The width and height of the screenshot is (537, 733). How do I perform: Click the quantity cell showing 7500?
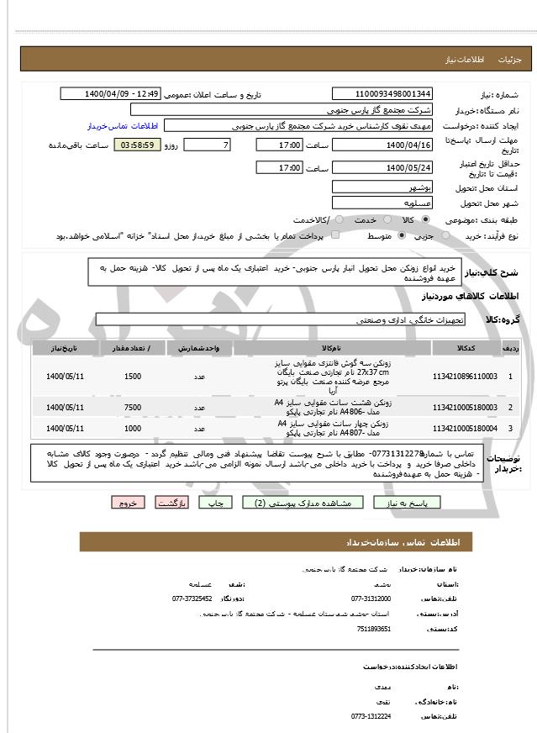pyautogui.click(x=133, y=408)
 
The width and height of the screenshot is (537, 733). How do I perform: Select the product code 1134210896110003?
pyautogui.click(x=464, y=376)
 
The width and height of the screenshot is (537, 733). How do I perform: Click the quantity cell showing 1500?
pyautogui.click(x=133, y=376)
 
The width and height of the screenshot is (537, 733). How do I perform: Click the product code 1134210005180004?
pyautogui.click(x=464, y=429)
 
